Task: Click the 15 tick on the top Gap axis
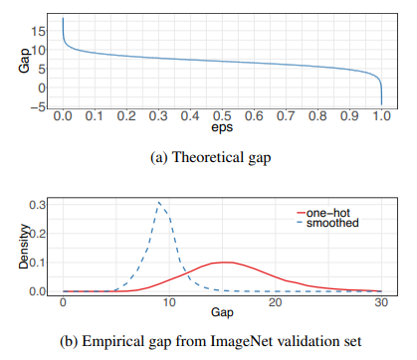tap(38, 32)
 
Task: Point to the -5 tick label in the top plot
tap(38, 107)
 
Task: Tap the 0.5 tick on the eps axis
tap(222, 115)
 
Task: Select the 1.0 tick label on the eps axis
tap(381, 115)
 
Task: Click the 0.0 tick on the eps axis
tap(63, 115)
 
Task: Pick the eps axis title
tap(222, 128)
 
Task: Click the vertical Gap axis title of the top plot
tap(24, 61)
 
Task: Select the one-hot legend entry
tap(323, 213)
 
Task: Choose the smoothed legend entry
tap(327, 223)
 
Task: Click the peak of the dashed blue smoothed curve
tap(159, 202)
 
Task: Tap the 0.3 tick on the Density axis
tap(38, 205)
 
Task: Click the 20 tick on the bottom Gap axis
tap(275, 302)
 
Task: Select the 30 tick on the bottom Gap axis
tap(381, 302)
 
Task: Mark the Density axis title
tap(24, 246)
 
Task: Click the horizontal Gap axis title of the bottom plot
tap(222, 312)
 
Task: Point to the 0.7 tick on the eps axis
tap(286, 115)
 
